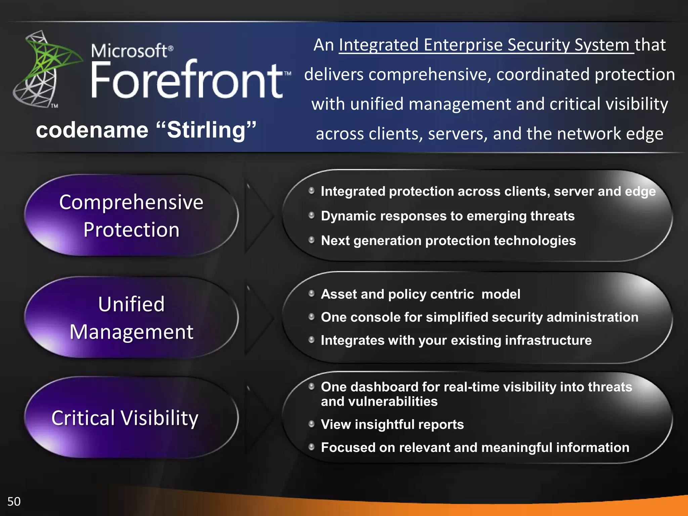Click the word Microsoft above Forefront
tap(129, 51)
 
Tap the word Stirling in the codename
tap(206, 130)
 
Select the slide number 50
tap(14, 502)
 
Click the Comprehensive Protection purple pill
tap(131, 216)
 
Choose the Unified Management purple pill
tap(131, 318)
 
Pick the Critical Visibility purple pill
tap(131, 418)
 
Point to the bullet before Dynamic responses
tap(311, 215)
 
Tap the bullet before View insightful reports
tap(311, 424)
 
